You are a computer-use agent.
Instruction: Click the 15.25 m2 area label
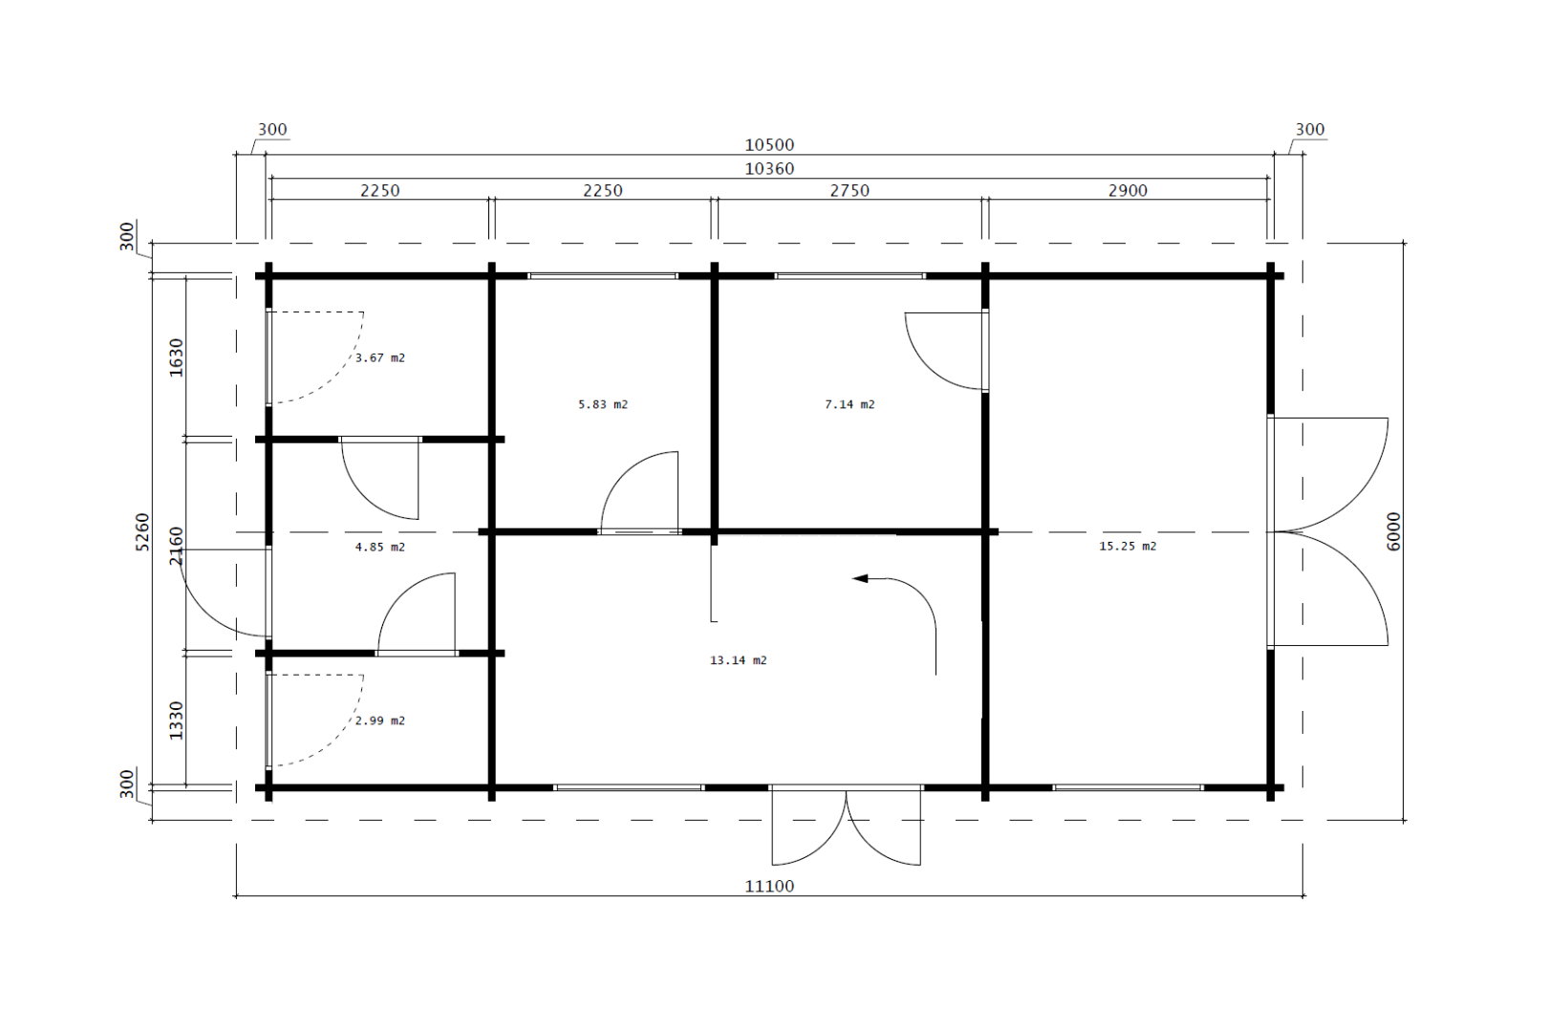coord(1128,546)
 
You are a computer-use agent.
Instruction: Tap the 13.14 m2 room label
coord(738,660)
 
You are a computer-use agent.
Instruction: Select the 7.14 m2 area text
coord(849,404)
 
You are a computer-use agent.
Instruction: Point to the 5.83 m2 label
coord(603,404)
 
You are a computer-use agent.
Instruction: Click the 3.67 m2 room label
coord(379,358)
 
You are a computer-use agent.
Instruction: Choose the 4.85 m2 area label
coord(379,548)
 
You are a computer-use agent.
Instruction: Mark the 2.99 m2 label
coord(379,720)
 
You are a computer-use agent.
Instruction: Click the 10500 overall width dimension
coord(769,145)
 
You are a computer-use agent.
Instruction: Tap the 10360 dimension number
coord(769,169)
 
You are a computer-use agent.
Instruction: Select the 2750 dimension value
coord(849,191)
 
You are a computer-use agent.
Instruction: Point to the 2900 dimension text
coord(1128,191)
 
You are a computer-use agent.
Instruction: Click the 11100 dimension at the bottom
coord(769,886)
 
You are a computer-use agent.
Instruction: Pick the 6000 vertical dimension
coord(1393,531)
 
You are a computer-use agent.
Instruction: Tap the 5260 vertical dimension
coord(141,531)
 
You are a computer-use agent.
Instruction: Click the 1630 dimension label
coord(176,357)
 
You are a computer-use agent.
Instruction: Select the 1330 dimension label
coord(176,720)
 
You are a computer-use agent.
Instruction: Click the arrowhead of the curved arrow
coord(860,578)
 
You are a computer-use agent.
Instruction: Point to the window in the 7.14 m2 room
coord(849,276)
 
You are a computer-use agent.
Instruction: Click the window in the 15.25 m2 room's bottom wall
coord(1128,787)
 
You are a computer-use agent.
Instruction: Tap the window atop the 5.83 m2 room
coord(603,276)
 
